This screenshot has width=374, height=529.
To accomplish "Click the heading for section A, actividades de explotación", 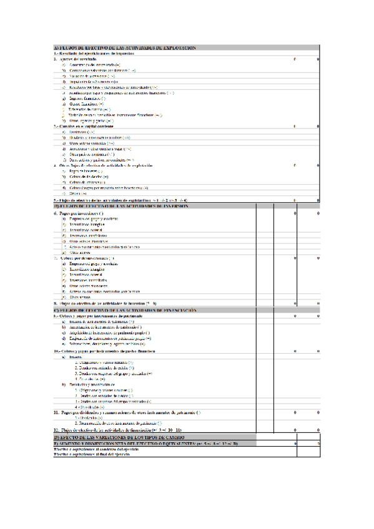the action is coord(125,47).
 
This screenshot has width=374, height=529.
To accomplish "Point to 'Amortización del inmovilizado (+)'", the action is coord(94,65).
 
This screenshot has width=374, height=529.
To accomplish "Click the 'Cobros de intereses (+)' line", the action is coord(91,182).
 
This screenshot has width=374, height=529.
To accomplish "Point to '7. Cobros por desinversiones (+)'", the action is coord(84,258).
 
